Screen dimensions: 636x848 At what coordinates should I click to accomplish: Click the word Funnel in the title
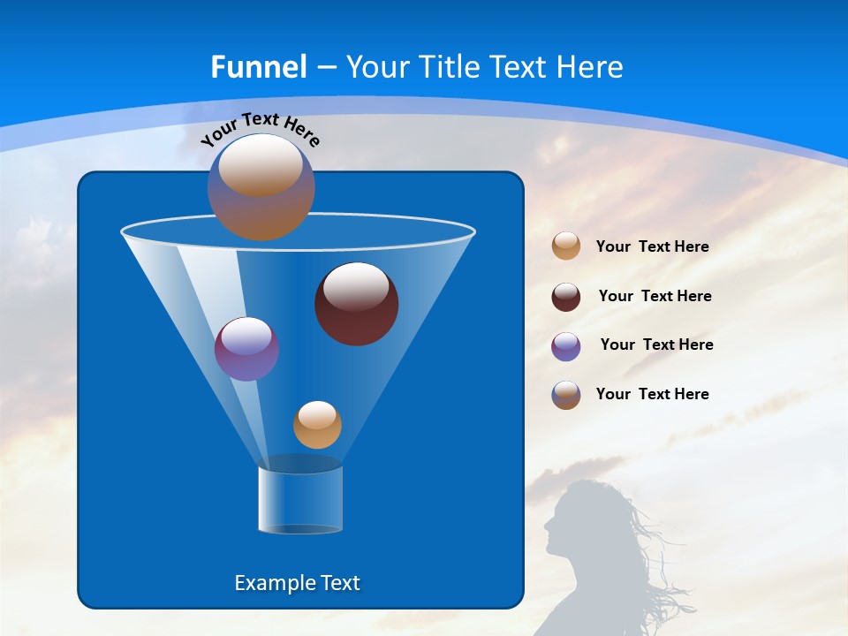pos(258,67)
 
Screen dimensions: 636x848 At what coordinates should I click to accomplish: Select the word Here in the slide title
pos(591,67)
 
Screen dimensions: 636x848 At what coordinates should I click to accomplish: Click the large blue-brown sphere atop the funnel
pos(261,187)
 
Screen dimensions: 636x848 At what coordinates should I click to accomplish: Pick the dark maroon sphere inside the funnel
pos(356,304)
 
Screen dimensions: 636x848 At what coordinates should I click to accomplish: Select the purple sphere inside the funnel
pos(246,349)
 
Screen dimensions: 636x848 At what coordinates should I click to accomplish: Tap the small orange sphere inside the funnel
pos(317,425)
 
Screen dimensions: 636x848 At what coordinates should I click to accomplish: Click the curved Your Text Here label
pos(261,128)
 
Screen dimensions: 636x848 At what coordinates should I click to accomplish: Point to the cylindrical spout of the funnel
pos(299,499)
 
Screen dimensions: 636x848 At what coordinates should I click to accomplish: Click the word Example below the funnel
pos(273,583)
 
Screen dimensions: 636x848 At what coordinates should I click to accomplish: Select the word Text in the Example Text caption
pos(338,583)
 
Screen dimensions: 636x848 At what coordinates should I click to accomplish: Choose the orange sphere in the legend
pos(566,246)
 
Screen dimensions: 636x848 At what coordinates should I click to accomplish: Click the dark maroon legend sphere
pos(566,297)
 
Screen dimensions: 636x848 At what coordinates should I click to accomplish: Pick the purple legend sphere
pos(566,346)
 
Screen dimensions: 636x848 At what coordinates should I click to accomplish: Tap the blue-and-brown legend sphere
pos(566,395)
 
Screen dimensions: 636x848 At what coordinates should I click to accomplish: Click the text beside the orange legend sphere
pos(652,247)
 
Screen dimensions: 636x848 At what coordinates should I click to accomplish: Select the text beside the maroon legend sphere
pos(655,297)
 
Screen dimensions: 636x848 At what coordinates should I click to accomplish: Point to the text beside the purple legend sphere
pos(656,345)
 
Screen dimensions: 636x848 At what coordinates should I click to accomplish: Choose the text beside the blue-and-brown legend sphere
pos(652,395)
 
